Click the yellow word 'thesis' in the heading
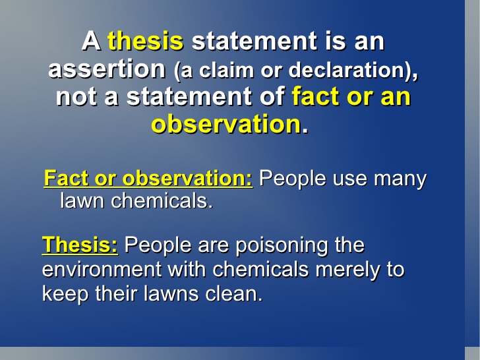146,41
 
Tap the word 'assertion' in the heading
107,69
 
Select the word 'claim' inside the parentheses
226,70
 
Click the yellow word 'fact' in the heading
316,96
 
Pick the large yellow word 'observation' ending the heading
226,124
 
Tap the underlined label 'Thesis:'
80,245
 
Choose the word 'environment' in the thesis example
102,270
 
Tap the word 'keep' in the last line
65,293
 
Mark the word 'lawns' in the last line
171,293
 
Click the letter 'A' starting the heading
91,41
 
